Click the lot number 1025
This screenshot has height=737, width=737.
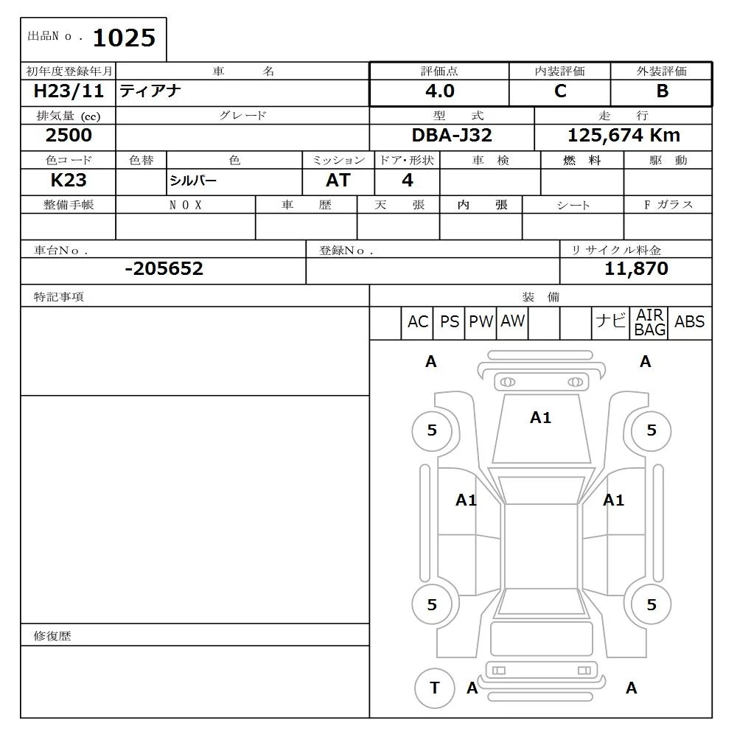[x=124, y=38]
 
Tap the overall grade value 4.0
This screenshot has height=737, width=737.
[x=439, y=91]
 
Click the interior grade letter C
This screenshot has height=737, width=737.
[x=560, y=91]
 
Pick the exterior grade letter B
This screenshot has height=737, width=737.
[x=662, y=91]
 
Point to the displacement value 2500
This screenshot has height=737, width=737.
[x=69, y=136]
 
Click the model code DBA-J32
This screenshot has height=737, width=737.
[x=452, y=136]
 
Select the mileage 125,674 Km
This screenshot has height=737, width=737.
[x=624, y=136]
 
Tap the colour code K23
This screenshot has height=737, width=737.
[x=69, y=181]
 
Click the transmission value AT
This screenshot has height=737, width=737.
[x=338, y=181]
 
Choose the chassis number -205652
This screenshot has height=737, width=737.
[x=164, y=269]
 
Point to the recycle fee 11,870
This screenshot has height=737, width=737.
[x=636, y=269]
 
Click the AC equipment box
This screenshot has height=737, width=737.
[x=418, y=322]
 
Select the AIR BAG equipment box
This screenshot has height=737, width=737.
[x=650, y=323]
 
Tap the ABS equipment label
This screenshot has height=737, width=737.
[x=689, y=322]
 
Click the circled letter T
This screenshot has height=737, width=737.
[x=434, y=688]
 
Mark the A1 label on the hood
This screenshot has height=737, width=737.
[x=540, y=418]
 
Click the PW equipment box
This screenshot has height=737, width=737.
[x=481, y=322]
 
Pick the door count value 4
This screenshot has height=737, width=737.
[x=408, y=181]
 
